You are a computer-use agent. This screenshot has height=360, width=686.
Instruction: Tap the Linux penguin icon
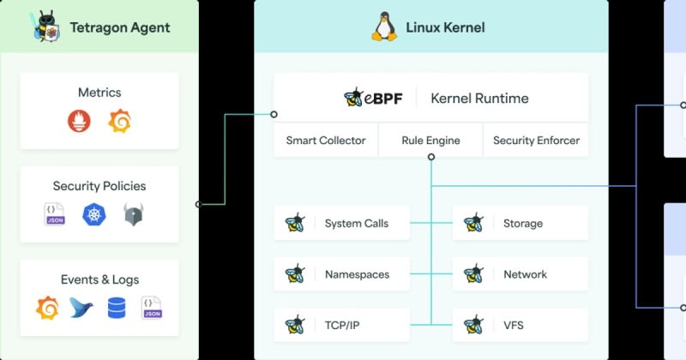click(x=383, y=27)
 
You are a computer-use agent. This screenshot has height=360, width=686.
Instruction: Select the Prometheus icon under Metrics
click(x=79, y=123)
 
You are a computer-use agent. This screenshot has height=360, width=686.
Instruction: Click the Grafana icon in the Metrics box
click(x=119, y=123)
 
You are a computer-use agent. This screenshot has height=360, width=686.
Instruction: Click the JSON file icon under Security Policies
click(x=55, y=214)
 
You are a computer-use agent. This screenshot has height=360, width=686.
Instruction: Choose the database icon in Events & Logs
click(x=117, y=307)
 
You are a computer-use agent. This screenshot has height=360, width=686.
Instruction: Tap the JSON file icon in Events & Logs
click(x=152, y=307)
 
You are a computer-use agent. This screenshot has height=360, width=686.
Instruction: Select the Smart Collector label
click(x=326, y=141)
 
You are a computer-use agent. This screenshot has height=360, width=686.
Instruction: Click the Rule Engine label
click(x=430, y=141)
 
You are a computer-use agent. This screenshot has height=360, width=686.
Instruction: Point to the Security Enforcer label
click(x=536, y=141)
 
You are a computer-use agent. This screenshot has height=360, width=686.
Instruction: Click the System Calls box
click(x=342, y=224)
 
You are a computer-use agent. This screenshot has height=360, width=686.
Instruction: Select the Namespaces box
click(x=342, y=274)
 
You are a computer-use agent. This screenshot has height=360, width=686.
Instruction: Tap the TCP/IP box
click(x=342, y=326)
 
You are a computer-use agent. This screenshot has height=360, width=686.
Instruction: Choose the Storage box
click(x=521, y=224)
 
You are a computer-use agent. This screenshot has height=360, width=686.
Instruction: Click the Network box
click(x=521, y=274)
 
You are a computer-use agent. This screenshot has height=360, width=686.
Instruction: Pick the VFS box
click(x=521, y=326)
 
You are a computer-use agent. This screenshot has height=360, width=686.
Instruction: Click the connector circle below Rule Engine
click(x=430, y=157)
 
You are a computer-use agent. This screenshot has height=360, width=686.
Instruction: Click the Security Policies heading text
click(x=99, y=186)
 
